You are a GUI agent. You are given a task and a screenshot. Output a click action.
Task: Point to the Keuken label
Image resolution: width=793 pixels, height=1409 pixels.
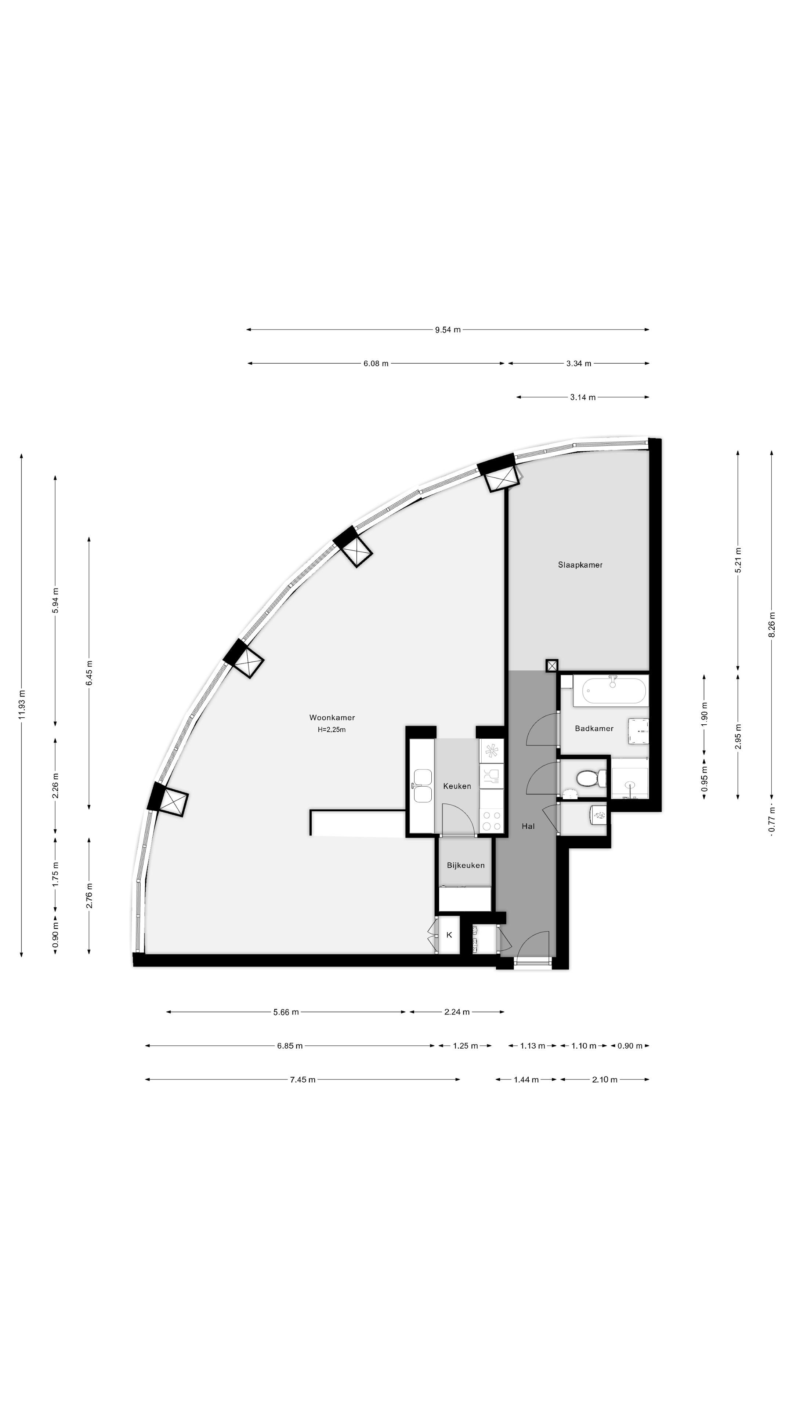point(457,786)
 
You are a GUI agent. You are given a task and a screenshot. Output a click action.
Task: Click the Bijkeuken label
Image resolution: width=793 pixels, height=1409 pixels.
point(466,865)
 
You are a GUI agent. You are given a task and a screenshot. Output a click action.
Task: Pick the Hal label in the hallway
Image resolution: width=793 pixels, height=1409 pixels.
point(528,826)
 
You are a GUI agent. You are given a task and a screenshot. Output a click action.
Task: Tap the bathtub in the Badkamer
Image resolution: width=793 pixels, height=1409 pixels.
point(613,690)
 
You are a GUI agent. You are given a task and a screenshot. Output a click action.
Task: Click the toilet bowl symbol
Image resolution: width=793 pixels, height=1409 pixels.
point(590,777)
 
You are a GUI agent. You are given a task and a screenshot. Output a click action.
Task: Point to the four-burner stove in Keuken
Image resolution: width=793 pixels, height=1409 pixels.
point(491,820)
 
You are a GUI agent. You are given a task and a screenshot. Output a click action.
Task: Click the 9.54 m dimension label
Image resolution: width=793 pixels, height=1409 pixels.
point(448,330)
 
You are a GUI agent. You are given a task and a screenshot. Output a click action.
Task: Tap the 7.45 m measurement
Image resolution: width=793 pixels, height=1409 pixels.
point(302,1079)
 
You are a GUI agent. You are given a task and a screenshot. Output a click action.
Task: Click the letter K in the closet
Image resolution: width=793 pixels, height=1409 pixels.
point(449,935)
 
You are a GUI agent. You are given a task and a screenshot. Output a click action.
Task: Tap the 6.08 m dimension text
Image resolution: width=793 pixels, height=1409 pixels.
point(376,363)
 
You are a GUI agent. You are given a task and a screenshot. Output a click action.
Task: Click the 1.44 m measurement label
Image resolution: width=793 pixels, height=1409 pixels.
point(526,1079)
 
